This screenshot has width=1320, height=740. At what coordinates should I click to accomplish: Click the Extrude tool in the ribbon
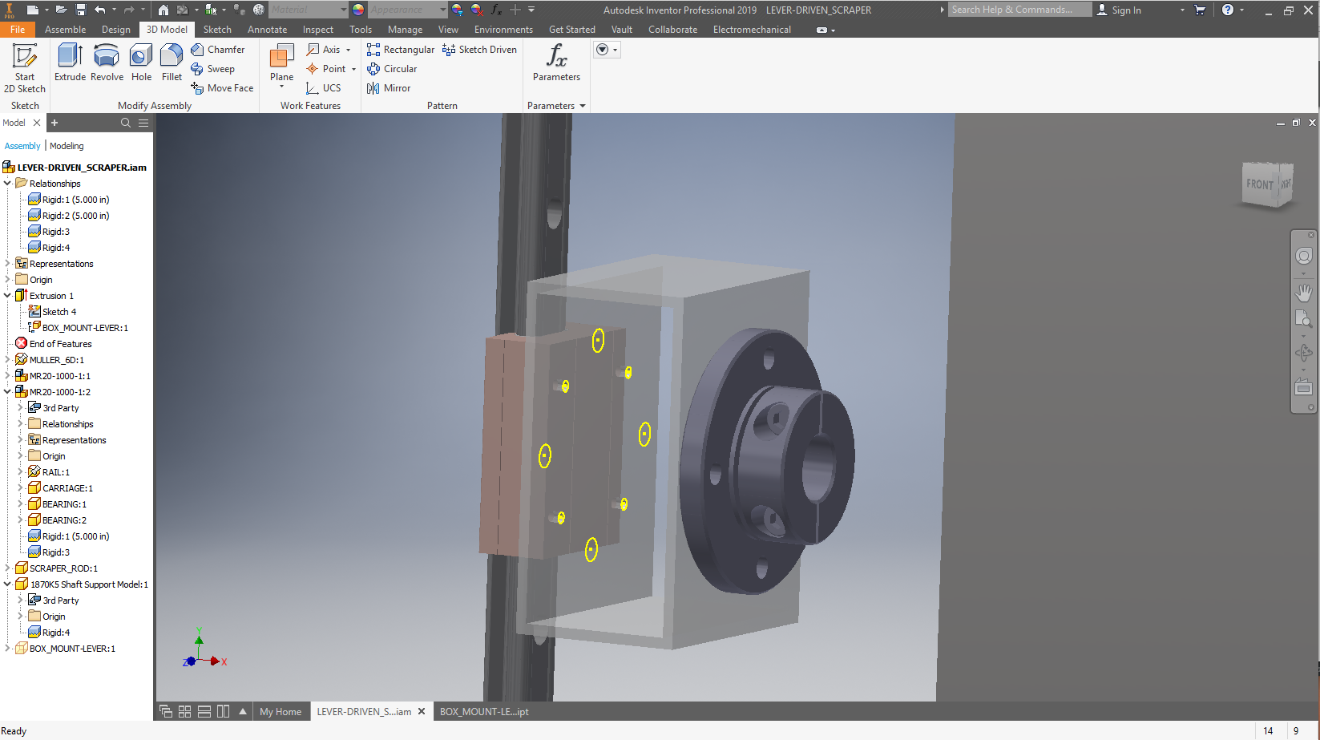pos(70,63)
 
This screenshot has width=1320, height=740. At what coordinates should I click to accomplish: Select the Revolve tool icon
pos(107,63)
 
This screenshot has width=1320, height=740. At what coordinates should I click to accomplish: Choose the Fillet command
pos(172,63)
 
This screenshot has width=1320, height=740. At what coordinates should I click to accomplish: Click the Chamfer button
pos(218,50)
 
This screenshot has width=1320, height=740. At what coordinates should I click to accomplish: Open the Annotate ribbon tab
pos(267,30)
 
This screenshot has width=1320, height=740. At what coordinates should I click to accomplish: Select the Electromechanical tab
pos(751,30)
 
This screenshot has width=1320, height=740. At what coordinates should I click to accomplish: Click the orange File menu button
pos(18,30)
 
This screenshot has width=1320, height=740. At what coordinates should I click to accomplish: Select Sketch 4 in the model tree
pos(59,312)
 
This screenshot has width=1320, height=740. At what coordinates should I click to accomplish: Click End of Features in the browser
pos(60,344)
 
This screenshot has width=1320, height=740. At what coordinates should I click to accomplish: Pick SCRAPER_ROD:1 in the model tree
pos(63,568)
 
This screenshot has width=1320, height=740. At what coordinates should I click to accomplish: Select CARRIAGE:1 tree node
pos(67,488)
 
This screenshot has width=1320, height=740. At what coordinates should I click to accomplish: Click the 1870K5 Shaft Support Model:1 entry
pos(89,584)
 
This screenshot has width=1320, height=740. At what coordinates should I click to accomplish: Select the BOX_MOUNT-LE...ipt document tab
pos(484,712)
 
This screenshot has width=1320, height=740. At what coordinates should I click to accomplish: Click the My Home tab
pos(281,712)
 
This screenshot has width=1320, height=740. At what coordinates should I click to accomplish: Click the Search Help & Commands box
pos(1018,10)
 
